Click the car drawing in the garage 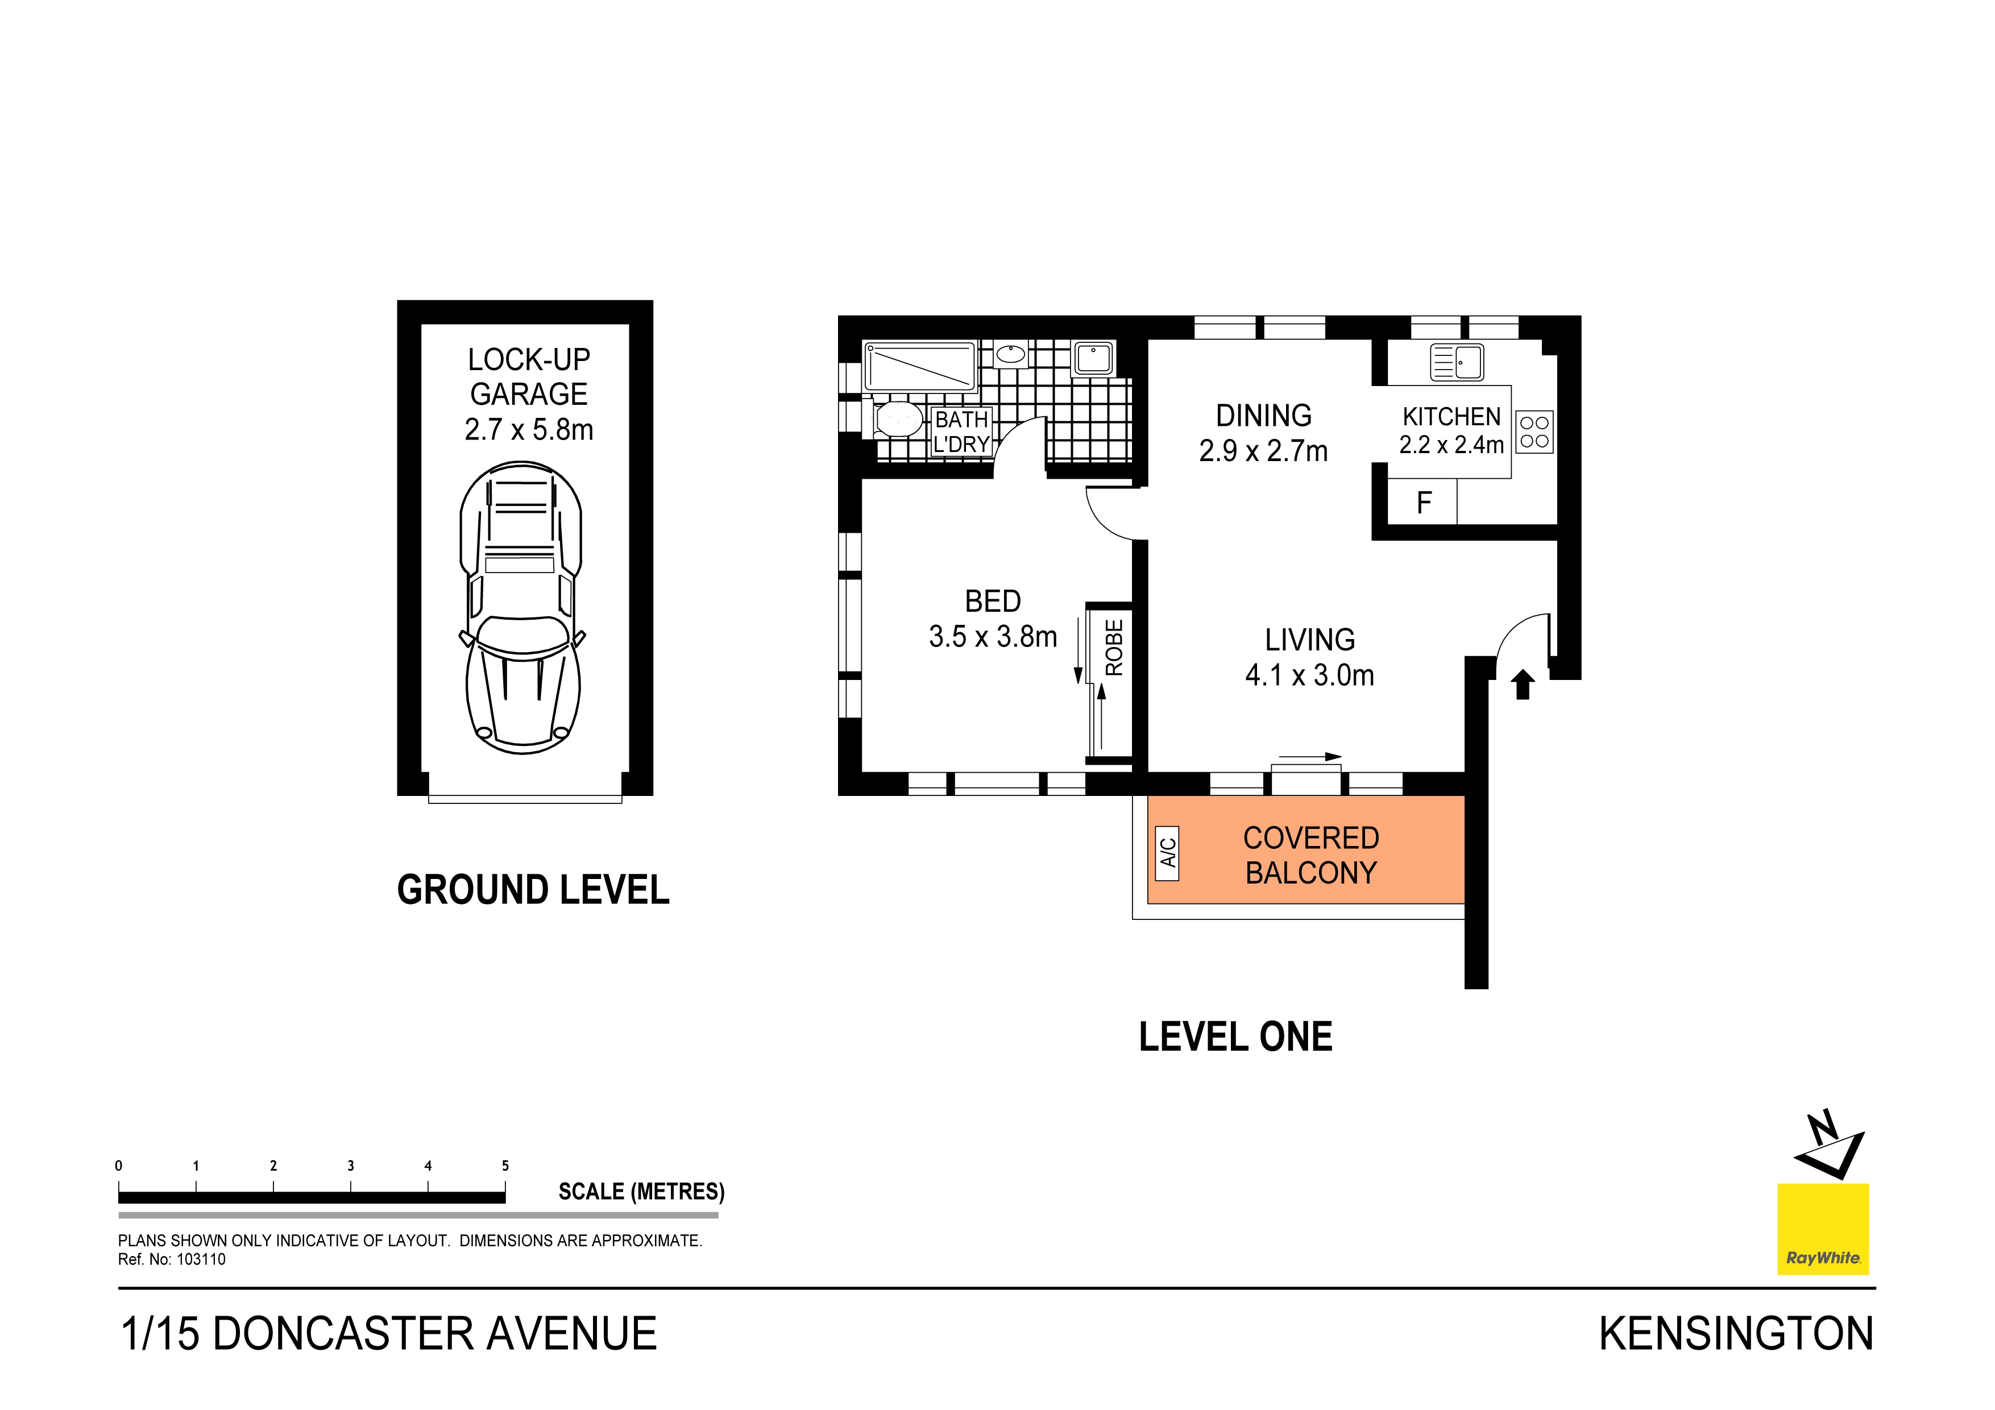point(521,608)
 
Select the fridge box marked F point(1423,503)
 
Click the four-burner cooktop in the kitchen point(1534,432)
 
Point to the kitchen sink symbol point(1457,362)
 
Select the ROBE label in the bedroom point(1114,647)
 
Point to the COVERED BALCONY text point(1310,855)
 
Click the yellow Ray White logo point(1822,1229)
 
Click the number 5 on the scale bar point(505,1166)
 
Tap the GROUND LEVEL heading point(533,890)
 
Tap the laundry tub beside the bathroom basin point(1093,358)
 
